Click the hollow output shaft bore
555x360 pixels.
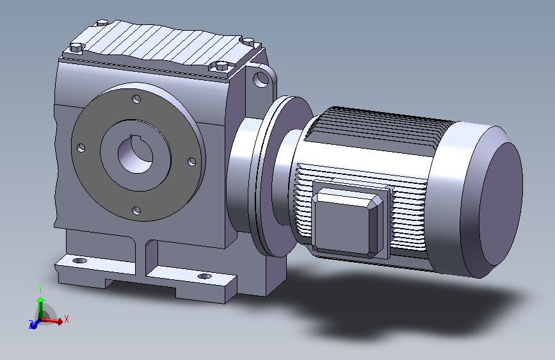pos(136,155)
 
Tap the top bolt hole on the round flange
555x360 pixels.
pos(136,99)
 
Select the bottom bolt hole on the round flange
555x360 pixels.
pos(136,211)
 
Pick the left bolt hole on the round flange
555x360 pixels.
pos(81,147)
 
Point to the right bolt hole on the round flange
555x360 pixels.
pos(191,161)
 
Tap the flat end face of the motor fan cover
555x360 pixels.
pos(501,204)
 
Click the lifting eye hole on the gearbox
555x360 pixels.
pos(261,79)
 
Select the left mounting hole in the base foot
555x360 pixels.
pos(79,261)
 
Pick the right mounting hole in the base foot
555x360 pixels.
pos(204,276)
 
